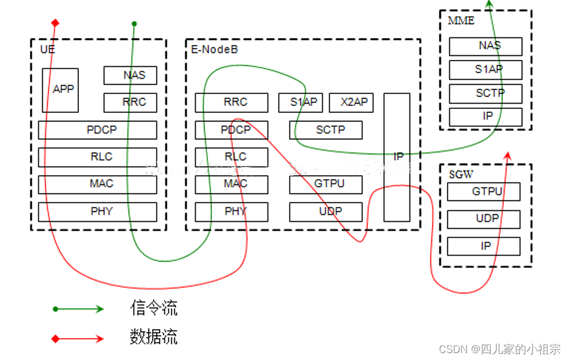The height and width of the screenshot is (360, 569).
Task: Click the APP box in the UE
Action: pyautogui.click(x=60, y=90)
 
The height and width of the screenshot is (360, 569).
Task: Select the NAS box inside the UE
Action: pyautogui.click(x=130, y=75)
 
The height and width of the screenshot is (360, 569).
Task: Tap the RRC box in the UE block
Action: pyautogui.click(x=130, y=103)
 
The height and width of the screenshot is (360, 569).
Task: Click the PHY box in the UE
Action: pyautogui.click(x=97, y=211)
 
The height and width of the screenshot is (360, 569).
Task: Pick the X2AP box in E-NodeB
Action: pyautogui.click(x=351, y=103)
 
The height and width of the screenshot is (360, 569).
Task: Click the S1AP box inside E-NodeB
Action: pyautogui.click(x=301, y=103)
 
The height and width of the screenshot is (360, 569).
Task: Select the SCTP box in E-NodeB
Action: pyautogui.click(x=326, y=130)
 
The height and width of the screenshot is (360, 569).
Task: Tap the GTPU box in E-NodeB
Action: pyautogui.click(x=326, y=184)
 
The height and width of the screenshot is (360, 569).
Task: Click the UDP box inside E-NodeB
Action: pyautogui.click(x=326, y=211)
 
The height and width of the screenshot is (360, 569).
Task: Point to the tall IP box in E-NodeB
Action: pyautogui.click(x=397, y=157)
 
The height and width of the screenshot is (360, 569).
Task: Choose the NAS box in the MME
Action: pyautogui.click(x=485, y=46)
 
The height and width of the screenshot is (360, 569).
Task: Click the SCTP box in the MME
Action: pyautogui.click(x=485, y=93)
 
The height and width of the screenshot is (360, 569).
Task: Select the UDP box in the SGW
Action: pyautogui.click(x=484, y=219)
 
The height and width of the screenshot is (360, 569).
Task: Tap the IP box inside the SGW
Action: pyautogui.click(x=484, y=246)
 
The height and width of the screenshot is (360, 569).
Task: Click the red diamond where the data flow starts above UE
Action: pyautogui.click(x=55, y=23)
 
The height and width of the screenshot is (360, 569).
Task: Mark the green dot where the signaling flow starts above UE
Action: pyautogui.click(x=134, y=24)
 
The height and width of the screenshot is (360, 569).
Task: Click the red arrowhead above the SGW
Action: pyautogui.click(x=507, y=156)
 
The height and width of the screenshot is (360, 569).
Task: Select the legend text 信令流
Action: pyautogui.click(x=154, y=308)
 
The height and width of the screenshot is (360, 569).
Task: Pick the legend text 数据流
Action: pyautogui.click(x=154, y=337)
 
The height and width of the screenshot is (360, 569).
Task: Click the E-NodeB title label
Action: pyautogui.click(x=214, y=50)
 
